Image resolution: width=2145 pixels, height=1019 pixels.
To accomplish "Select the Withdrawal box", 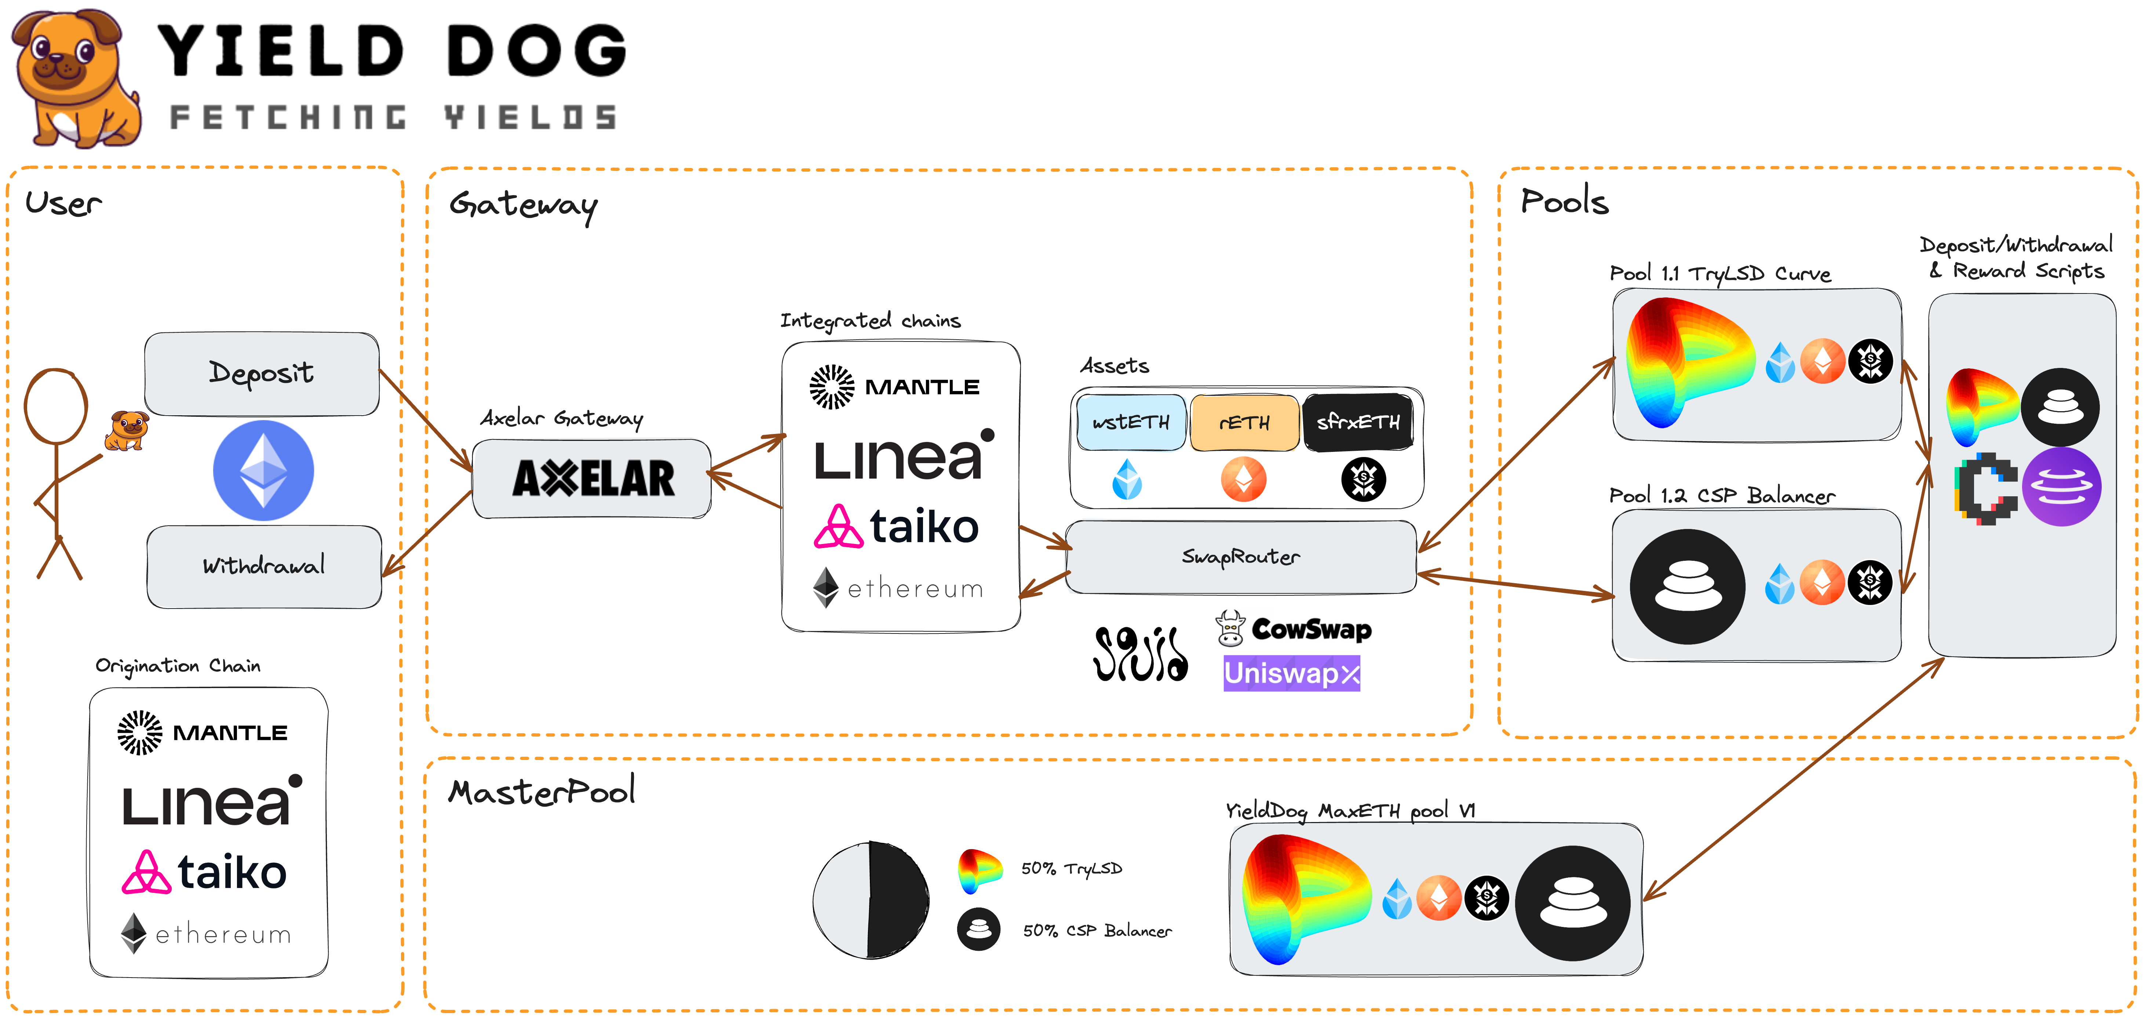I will (x=264, y=566).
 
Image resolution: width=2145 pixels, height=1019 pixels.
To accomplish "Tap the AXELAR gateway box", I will (x=592, y=479).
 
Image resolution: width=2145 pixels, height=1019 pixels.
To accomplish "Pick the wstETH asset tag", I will (x=1131, y=422).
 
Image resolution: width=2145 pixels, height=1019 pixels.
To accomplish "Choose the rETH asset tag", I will (x=1244, y=422).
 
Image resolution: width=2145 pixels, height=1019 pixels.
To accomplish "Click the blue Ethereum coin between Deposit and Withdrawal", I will (x=263, y=470).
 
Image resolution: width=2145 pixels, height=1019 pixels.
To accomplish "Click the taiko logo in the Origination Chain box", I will (x=205, y=873).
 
